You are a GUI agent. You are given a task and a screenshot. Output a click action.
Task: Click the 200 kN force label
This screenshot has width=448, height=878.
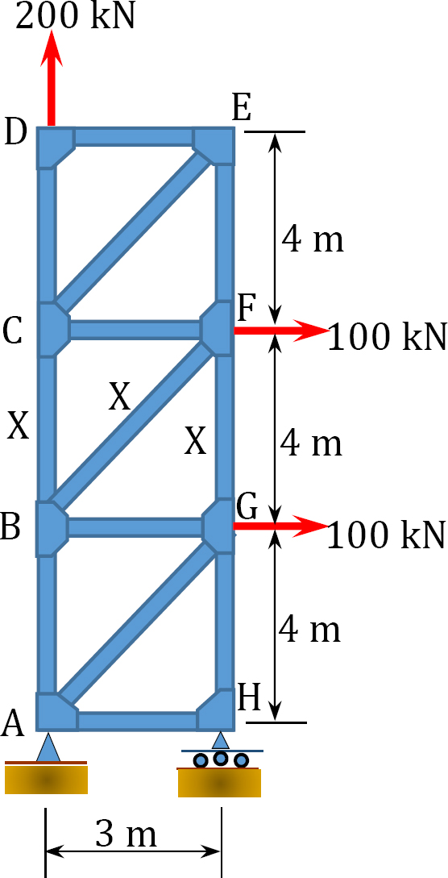76,17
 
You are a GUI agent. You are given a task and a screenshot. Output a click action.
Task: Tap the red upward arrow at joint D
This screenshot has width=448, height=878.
51,78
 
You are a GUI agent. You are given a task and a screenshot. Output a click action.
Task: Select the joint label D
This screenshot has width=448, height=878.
15,133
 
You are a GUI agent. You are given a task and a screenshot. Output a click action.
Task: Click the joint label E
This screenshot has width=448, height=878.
241,109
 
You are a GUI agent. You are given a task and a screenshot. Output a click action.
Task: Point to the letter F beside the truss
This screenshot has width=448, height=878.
247,307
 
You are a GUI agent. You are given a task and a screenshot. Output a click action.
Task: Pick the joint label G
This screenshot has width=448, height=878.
247,509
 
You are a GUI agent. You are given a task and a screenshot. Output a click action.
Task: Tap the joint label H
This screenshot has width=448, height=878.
249,697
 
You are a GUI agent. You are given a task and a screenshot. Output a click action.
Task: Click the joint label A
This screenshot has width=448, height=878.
13,724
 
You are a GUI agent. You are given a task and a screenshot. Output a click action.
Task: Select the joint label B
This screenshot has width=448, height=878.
12,527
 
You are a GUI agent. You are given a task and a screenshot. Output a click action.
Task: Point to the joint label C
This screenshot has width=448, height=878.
13,331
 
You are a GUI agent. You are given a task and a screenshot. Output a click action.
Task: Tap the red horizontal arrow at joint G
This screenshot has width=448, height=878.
280,525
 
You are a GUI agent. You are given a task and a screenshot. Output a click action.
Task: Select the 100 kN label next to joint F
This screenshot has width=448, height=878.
387,336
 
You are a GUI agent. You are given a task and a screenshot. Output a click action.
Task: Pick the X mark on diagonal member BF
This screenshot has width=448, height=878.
119,397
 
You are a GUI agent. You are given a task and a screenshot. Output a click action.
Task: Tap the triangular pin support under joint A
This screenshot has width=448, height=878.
48,747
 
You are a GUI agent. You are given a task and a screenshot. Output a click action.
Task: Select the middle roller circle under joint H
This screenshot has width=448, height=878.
221,759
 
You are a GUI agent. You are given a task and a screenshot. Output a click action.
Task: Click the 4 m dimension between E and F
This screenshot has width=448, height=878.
312,240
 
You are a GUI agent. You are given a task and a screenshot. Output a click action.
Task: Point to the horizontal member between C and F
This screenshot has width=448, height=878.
135,330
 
